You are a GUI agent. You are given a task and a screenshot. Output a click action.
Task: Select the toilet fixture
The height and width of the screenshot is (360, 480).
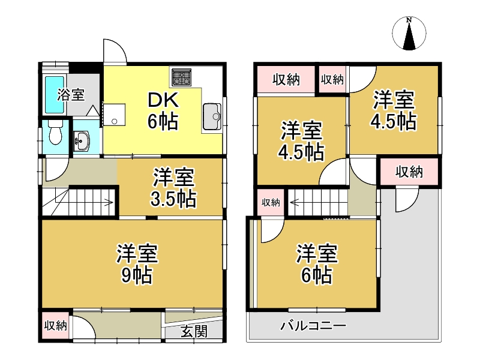(55, 134)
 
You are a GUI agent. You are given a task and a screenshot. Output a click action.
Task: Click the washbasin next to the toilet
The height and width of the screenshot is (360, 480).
(82, 142)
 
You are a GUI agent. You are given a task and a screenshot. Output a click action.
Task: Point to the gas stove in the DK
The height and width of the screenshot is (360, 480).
(181, 76)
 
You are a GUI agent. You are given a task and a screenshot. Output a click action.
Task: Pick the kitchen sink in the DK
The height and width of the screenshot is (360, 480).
(211, 116)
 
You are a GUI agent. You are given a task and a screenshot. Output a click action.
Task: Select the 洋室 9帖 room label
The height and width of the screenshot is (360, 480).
(137, 264)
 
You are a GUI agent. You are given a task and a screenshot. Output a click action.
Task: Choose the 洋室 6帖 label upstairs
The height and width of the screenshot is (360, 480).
(317, 264)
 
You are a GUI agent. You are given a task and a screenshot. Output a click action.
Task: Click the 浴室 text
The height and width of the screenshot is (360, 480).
(71, 95)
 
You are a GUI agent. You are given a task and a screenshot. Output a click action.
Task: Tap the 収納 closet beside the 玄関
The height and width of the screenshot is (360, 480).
(56, 326)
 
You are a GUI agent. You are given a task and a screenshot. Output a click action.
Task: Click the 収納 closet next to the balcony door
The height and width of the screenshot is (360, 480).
(409, 172)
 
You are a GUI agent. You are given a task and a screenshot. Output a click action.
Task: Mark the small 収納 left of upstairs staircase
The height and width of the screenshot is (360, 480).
(271, 203)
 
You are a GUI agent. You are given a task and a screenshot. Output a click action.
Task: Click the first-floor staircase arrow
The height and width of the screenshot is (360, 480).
(108, 202)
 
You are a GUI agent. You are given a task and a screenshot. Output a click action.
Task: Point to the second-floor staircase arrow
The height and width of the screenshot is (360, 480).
(295, 202)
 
